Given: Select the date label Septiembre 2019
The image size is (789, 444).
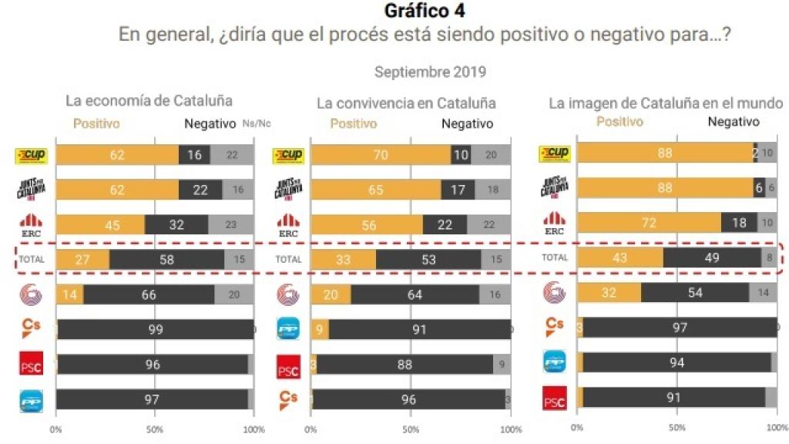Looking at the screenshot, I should [430, 72].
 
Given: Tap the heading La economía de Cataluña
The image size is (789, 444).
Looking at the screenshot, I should [149, 100].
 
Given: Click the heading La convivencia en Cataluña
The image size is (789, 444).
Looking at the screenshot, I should [406, 103].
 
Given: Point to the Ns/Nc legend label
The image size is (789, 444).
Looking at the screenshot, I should [257, 123].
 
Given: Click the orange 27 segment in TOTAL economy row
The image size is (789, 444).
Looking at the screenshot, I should [82, 259].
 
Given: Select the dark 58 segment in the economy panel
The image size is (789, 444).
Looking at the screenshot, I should [166, 259].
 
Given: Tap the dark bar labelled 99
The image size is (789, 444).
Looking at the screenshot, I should [155, 329].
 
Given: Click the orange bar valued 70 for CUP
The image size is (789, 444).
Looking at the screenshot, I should [381, 155].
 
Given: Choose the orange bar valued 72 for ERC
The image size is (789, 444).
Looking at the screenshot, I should [649, 223].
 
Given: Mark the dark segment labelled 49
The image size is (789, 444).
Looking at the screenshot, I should [712, 257].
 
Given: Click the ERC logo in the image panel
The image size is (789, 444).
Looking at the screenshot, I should [555, 224].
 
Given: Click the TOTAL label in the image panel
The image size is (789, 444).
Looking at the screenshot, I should [555, 257].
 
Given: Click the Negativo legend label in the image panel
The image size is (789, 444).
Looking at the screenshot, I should [734, 122].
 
